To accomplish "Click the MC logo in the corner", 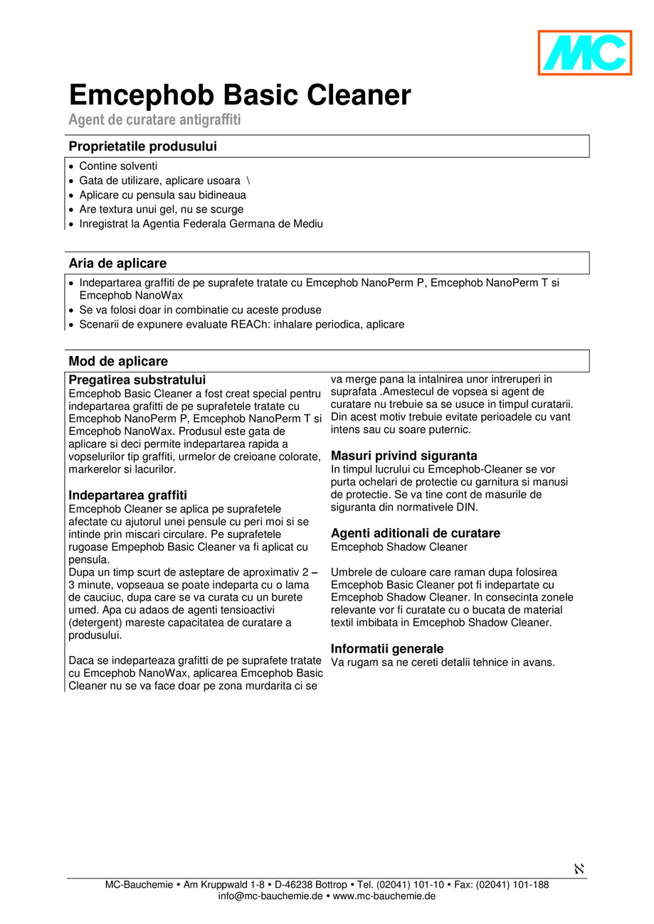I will tap(584, 53).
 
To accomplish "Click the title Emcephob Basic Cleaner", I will tap(240, 95).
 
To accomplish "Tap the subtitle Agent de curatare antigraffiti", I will tap(154, 119).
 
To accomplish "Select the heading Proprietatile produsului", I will tap(142, 146).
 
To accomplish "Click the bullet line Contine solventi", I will tap(118, 166).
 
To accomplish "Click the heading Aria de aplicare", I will tap(117, 263).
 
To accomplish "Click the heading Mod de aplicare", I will tap(118, 361).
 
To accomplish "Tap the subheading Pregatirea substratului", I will tap(137, 380).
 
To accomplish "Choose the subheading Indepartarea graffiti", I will tap(127, 495).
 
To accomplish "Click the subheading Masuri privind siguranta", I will tap(404, 456).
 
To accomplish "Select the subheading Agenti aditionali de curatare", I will tap(415, 533).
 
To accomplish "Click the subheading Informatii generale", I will tap(386, 649).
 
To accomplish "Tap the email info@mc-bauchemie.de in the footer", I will tap(270, 897).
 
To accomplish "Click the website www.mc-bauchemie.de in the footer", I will tap(384, 897).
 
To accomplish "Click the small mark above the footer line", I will tap(579, 869).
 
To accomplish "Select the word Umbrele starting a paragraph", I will tap(351, 572).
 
